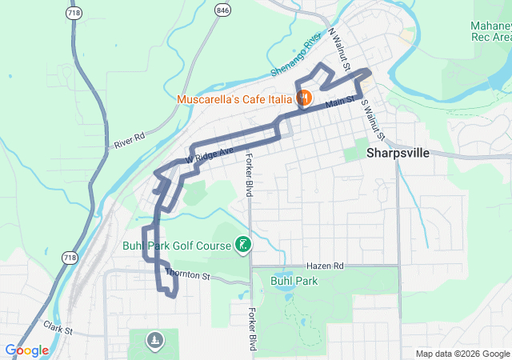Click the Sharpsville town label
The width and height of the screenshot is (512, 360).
click(398, 153)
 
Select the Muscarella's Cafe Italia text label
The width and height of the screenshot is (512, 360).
click(235, 99)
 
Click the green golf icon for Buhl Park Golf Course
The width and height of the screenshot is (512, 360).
click(243, 245)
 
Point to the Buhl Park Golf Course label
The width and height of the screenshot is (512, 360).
click(177, 245)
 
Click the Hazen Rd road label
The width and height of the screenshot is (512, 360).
click(324, 265)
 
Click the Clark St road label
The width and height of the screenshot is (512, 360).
click(58, 328)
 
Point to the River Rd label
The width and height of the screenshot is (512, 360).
click(129, 140)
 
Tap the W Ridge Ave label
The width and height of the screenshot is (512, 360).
click(210, 154)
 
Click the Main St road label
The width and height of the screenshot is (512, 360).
click(338, 102)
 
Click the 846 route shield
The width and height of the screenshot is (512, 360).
click(222, 10)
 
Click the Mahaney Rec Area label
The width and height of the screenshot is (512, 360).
click(490, 31)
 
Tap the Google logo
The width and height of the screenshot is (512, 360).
click(27, 350)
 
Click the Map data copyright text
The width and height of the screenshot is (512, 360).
click(462, 354)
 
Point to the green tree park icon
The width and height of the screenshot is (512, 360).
click(154, 342)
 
